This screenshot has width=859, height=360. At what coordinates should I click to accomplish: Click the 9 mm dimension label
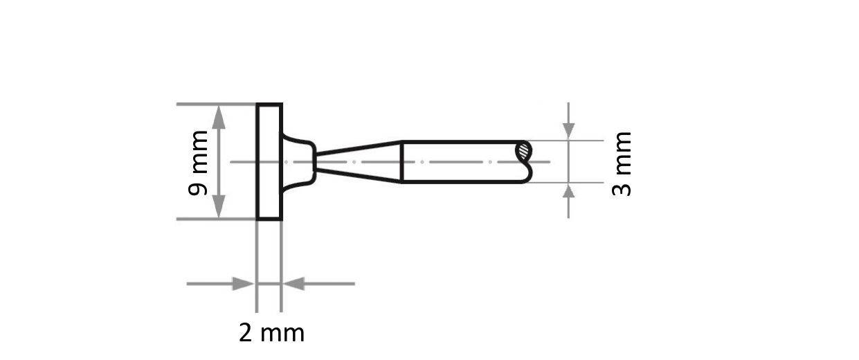[x=199, y=163]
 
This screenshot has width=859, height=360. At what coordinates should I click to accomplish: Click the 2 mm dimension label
[x=271, y=333]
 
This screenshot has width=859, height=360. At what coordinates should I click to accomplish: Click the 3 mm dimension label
[x=622, y=163]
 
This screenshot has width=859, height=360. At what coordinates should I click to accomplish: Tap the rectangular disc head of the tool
[x=269, y=162]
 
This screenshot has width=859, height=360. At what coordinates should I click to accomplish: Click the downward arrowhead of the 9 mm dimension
[x=219, y=206]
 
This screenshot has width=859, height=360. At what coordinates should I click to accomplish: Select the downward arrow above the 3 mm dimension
[x=568, y=129]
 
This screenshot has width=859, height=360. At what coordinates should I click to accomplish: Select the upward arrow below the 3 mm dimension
[x=568, y=193]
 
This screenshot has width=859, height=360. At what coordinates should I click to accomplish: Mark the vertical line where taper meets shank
[x=402, y=162]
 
